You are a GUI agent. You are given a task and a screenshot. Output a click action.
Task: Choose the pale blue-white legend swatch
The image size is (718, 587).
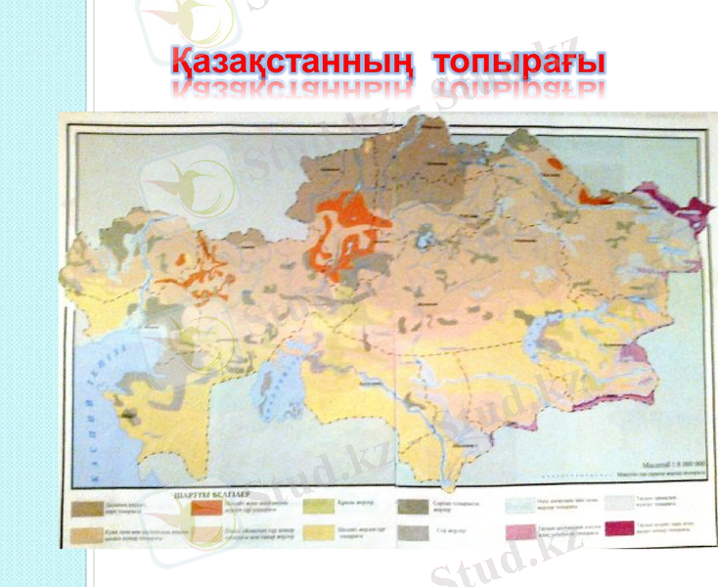[518, 507]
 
